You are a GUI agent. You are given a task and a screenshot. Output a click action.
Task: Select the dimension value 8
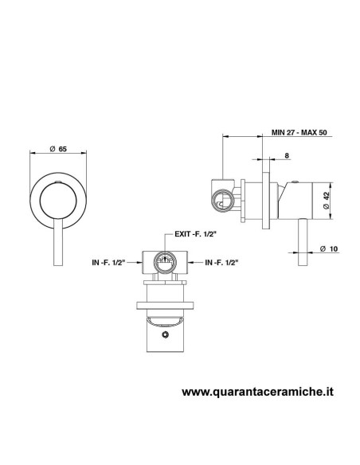[286, 158]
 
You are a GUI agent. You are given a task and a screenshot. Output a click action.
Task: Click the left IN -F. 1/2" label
[111, 260]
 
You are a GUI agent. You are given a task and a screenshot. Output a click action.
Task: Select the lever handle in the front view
[57, 242]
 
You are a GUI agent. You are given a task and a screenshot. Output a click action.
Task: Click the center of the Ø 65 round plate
[58, 196]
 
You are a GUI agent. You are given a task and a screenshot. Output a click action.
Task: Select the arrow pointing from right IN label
[196, 260]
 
